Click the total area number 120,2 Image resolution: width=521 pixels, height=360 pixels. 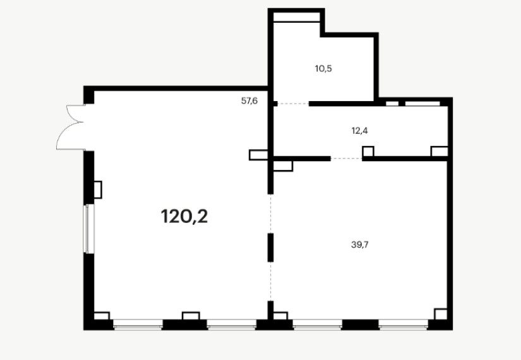point(184,217)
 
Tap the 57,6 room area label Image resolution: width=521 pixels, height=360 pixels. point(249,100)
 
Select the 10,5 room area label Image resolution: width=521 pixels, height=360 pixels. point(323,69)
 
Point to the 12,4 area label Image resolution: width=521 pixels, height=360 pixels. point(359,131)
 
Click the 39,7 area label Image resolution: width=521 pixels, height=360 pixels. point(360,244)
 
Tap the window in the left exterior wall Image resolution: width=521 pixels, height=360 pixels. point(88,229)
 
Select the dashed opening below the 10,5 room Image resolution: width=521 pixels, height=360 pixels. point(293,104)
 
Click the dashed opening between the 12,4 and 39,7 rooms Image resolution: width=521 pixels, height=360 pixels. point(346,159)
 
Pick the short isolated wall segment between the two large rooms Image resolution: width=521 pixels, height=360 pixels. point(270,248)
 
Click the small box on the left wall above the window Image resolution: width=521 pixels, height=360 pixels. point(98,190)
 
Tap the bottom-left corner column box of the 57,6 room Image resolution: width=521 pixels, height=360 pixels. point(102,316)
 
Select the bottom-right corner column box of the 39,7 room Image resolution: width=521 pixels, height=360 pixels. point(441,314)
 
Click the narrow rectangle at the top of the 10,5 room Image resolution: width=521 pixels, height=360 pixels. point(296,17)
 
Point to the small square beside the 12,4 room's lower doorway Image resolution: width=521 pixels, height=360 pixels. point(368,151)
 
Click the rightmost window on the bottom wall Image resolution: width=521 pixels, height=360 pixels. point(404,324)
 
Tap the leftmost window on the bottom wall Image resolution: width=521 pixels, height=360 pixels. point(138,324)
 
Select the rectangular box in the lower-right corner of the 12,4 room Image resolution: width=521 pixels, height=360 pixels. point(440,151)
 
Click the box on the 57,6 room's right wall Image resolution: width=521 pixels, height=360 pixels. point(258,155)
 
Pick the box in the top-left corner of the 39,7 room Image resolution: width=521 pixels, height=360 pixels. point(283,166)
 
